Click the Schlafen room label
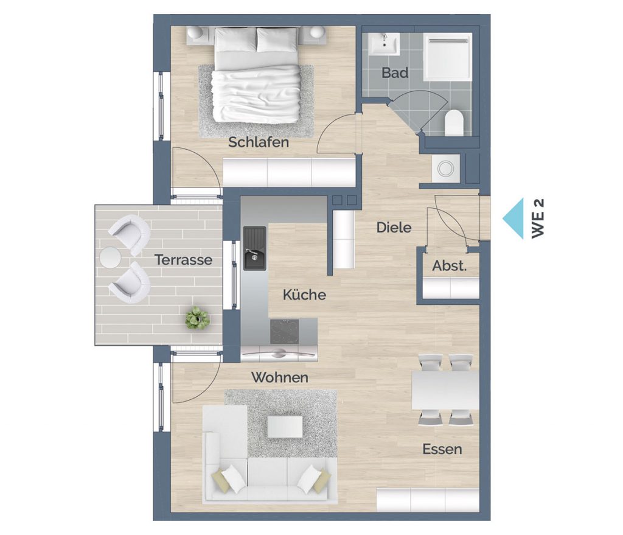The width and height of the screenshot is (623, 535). [x=258, y=142]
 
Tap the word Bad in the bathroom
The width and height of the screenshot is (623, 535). [x=395, y=73]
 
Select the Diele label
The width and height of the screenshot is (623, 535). [x=394, y=228]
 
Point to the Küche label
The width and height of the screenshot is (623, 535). [x=304, y=295]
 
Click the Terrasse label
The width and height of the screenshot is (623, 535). [x=184, y=260]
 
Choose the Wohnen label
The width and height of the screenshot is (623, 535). [x=280, y=377]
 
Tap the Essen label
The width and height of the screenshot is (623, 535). [x=442, y=449]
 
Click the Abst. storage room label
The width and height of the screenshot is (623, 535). [x=450, y=265]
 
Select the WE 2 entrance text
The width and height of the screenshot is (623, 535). [x=538, y=219]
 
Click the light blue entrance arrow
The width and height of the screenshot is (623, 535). [x=513, y=219]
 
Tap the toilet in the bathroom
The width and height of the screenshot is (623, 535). [x=454, y=122]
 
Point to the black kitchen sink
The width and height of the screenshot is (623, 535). [x=254, y=248]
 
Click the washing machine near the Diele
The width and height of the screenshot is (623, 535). [x=445, y=169]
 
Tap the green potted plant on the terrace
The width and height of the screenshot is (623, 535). [x=198, y=318]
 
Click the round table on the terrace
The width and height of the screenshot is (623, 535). [x=110, y=257]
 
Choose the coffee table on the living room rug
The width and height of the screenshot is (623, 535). [x=285, y=427]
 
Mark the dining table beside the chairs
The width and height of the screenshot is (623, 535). [x=445, y=390]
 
